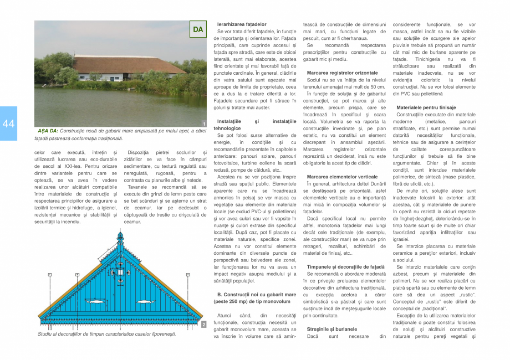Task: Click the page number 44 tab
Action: coord(8,124)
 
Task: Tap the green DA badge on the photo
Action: coord(198,29)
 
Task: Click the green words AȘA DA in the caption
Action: coord(48,131)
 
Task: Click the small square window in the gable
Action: coord(120,272)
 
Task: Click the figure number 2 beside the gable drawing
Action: coord(204,324)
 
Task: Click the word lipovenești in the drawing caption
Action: coord(161,334)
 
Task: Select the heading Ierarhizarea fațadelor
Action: coord(242,25)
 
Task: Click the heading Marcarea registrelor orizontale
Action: coord(342,73)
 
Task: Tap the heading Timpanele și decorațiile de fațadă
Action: coord(345,267)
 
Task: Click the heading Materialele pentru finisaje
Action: coord(426,107)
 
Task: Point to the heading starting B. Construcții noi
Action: coord(257,295)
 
